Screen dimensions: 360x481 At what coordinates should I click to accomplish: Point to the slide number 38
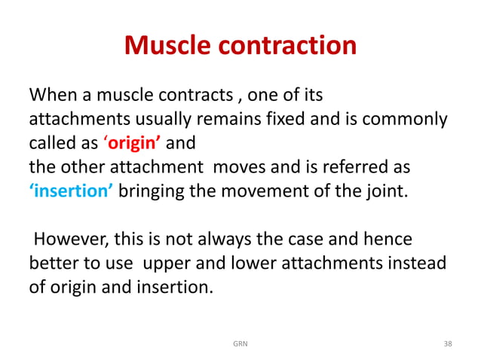click(x=448, y=343)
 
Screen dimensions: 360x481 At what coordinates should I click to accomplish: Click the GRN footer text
click(x=240, y=343)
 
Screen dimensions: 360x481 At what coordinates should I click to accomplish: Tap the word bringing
click(x=151, y=190)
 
